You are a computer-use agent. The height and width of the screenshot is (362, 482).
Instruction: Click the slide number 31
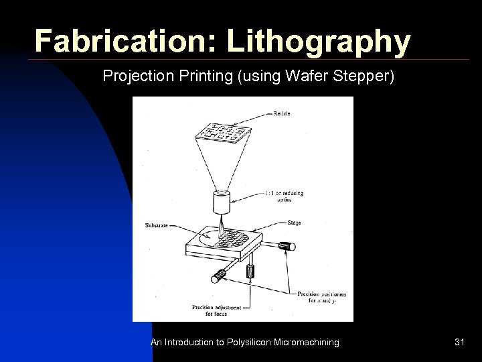[x=459, y=343]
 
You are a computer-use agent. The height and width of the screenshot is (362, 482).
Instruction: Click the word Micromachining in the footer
[x=309, y=343]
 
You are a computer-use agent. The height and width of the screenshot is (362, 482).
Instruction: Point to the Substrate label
[x=157, y=225]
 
